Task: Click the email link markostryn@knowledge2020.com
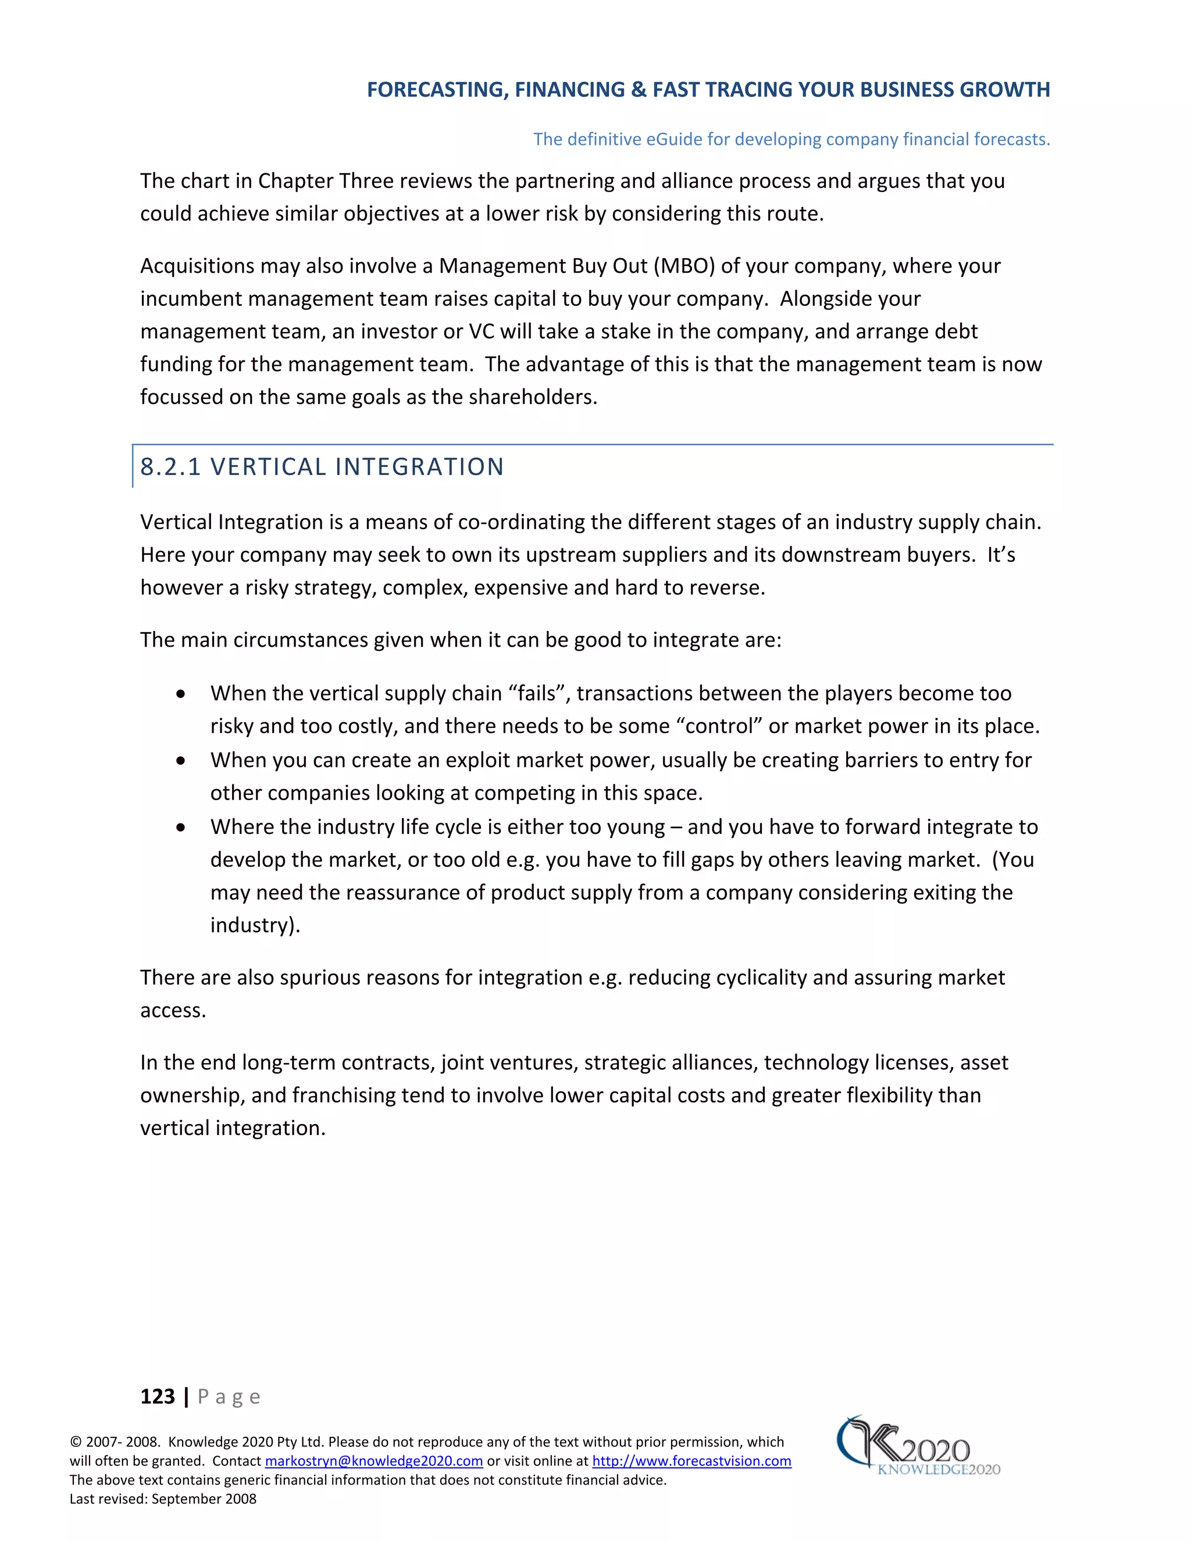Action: (x=373, y=1461)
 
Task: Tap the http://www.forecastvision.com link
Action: (x=691, y=1461)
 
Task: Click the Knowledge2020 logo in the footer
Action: (x=917, y=1446)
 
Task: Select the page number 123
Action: (x=158, y=1396)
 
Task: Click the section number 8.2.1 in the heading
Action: (x=171, y=467)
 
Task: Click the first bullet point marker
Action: (x=181, y=694)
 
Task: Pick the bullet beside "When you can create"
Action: (x=181, y=761)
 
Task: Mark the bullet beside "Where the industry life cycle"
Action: (x=181, y=827)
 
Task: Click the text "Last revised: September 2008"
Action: (x=163, y=1499)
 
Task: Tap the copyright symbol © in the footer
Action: (x=76, y=1442)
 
